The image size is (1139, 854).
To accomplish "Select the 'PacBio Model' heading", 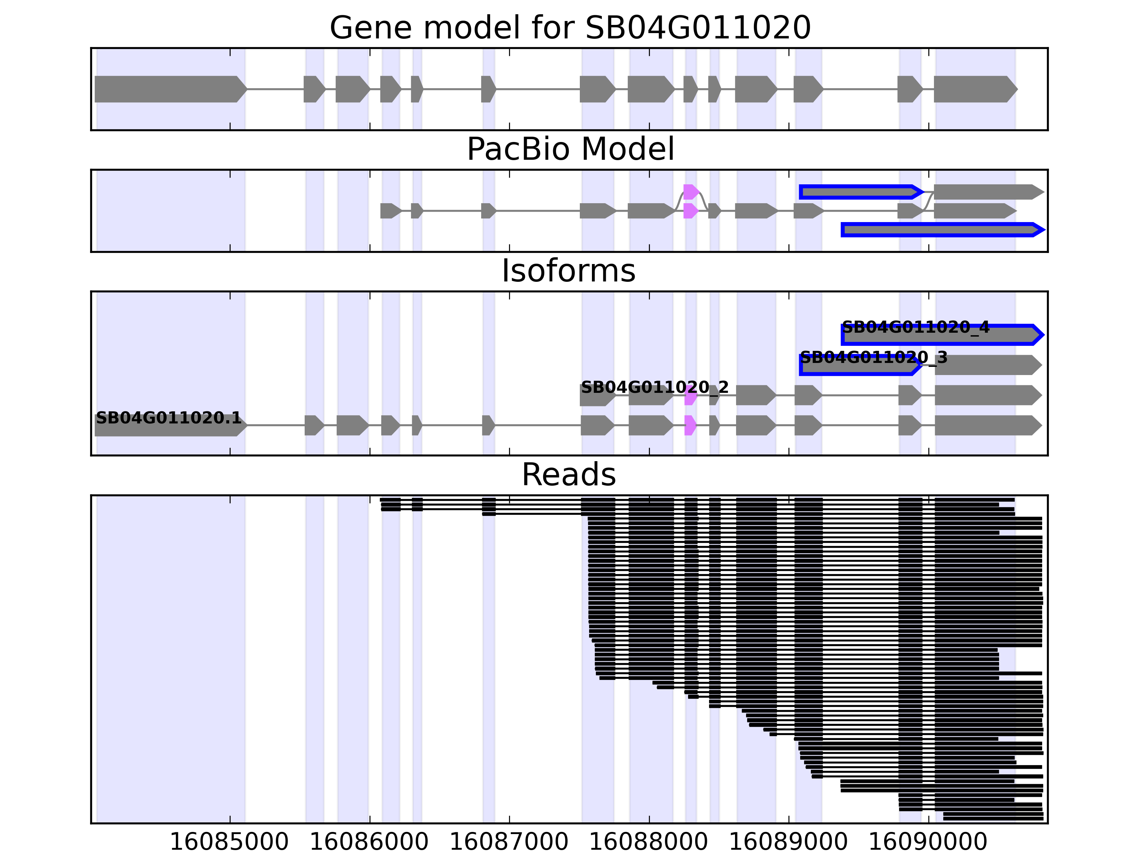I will click(569, 149).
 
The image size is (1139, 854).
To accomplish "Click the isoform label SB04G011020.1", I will click(168, 417).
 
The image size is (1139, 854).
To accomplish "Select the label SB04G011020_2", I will click(655, 387).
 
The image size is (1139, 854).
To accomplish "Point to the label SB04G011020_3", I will click(873, 357).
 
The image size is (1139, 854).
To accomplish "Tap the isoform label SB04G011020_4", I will click(915, 327).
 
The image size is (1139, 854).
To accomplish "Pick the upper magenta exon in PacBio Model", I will click(691, 192).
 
